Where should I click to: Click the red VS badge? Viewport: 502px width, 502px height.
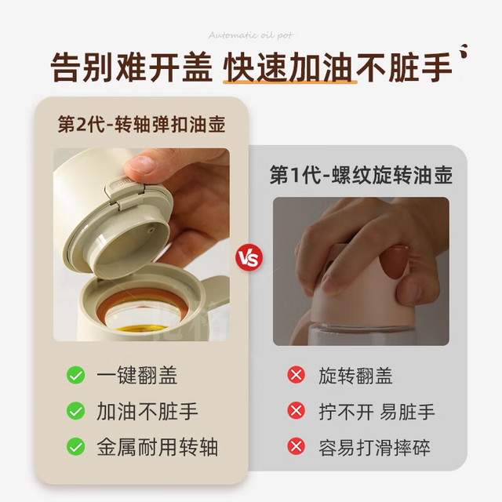pyautogui.click(x=249, y=258)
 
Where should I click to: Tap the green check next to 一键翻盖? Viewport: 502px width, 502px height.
pyautogui.click(x=76, y=375)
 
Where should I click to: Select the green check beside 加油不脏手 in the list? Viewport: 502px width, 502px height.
pyautogui.click(x=76, y=411)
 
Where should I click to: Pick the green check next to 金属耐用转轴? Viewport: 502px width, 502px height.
pyautogui.click(x=76, y=446)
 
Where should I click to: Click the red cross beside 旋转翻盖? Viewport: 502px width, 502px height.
pyautogui.click(x=296, y=375)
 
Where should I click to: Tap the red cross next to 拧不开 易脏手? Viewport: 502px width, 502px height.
pyautogui.click(x=296, y=411)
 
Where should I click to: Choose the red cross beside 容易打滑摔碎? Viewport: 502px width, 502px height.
pyautogui.click(x=296, y=446)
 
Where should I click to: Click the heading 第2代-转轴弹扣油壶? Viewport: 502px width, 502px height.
pyautogui.click(x=141, y=124)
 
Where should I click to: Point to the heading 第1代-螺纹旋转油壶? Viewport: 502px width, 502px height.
pyautogui.click(x=361, y=175)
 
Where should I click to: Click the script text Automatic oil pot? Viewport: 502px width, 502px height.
pyautogui.click(x=251, y=35)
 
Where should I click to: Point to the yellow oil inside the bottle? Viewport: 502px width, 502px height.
pyautogui.click(x=141, y=329)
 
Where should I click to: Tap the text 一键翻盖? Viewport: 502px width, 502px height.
pyautogui.click(x=137, y=375)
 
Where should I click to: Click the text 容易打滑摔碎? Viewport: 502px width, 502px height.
pyautogui.click(x=374, y=447)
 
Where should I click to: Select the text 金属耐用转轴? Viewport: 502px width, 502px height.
pyautogui.click(x=158, y=447)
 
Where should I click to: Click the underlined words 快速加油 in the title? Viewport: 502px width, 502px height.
pyautogui.click(x=289, y=67)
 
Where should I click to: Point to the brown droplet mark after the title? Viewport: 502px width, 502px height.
pyautogui.click(x=464, y=51)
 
